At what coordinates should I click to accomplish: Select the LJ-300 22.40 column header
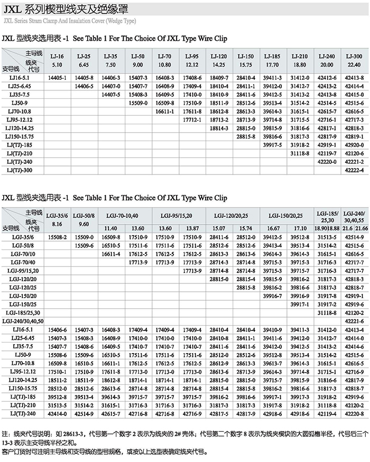point(354,60)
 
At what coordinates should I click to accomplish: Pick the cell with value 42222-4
point(354,171)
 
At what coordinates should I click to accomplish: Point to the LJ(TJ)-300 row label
point(20,171)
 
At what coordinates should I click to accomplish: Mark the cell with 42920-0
point(354,145)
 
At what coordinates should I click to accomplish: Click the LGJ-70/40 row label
point(24,262)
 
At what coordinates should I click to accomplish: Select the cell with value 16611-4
point(112,254)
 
